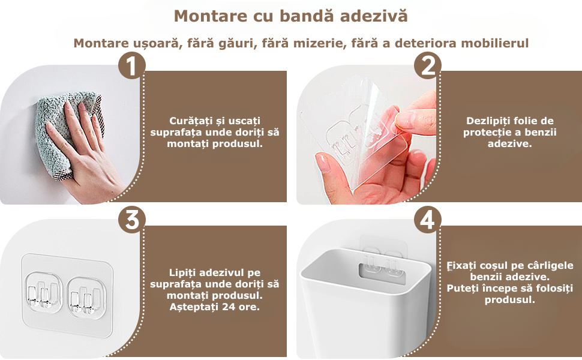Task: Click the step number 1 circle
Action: [132, 65]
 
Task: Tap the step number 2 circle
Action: [428, 65]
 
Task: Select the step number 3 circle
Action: [132, 220]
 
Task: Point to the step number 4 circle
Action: [428, 220]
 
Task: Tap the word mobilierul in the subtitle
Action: [495, 43]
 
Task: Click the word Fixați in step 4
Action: [461, 266]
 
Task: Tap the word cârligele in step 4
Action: [551, 266]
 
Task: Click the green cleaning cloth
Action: [67, 130]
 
